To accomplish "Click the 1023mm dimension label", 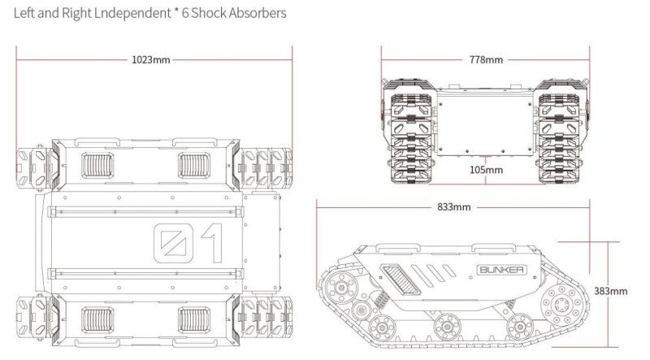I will pos(151,59).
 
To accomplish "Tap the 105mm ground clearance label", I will pos(486,170).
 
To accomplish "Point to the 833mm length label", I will pos(453,206).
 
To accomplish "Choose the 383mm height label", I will pos(610,290).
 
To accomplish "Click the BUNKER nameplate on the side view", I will pos(495,268).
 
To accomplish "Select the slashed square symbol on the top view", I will pos(170,243).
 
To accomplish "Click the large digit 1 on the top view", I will pos(209,243).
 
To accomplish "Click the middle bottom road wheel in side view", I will pos(444,327).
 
